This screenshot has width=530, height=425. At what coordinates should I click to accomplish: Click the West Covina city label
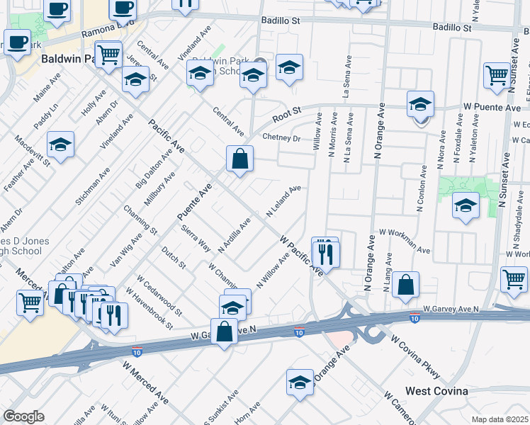[x=436, y=391]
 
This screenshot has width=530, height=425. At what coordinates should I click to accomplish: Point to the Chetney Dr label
[x=281, y=137]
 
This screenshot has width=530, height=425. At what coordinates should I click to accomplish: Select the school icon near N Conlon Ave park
[x=466, y=206]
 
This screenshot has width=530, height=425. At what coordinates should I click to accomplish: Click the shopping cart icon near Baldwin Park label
[x=108, y=54]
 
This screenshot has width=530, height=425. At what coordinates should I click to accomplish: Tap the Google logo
[x=23, y=416]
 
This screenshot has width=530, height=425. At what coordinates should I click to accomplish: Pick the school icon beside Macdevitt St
[x=61, y=144]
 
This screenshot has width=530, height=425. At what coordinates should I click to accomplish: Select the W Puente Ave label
[x=492, y=107]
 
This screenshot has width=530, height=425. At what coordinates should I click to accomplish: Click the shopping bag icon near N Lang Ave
[x=406, y=285]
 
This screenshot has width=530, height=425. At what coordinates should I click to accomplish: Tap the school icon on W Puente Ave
[x=420, y=103]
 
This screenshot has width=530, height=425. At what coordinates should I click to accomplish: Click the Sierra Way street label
[x=196, y=238]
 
